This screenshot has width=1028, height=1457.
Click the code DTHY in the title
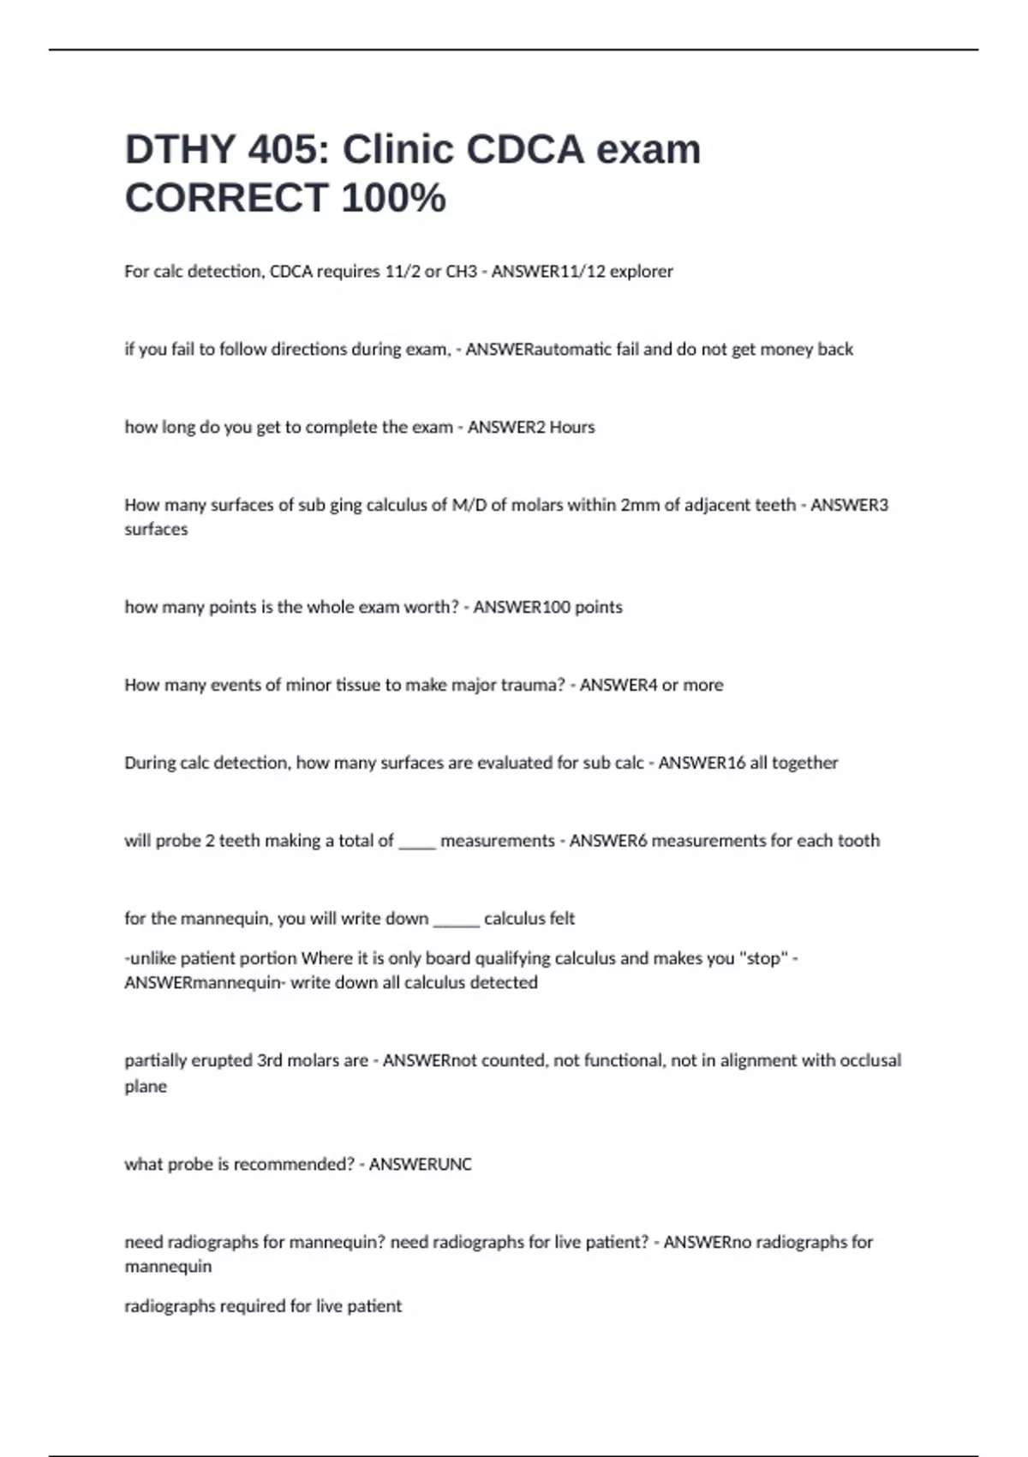point(180,150)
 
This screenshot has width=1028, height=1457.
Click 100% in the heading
point(393,198)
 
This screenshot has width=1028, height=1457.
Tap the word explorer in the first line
point(641,272)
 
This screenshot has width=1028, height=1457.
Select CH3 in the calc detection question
point(462,272)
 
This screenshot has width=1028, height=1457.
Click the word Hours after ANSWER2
point(571,428)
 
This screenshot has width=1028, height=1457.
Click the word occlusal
point(870,1061)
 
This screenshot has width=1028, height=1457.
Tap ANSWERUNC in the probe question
point(420,1165)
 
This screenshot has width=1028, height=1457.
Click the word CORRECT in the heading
point(226,198)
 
